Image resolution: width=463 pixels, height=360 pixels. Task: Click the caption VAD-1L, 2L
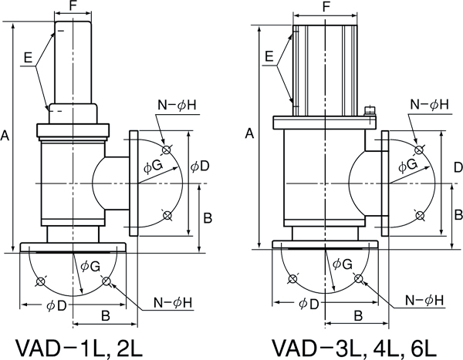[x=79, y=348]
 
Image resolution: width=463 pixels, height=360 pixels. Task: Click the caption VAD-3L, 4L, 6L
[x=353, y=348]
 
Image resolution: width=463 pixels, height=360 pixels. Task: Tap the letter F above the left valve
[x=73, y=5]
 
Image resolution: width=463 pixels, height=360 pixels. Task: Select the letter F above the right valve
[x=326, y=6]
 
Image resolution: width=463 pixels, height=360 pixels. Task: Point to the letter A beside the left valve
[x=5, y=136]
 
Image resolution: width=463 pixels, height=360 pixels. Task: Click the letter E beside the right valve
[x=269, y=56]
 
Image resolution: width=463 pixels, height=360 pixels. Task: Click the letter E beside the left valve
[x=28, y=57]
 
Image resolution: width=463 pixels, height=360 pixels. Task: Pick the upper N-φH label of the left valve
[x=177, y=105]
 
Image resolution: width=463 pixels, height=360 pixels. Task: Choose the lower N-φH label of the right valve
[x=424, y=300]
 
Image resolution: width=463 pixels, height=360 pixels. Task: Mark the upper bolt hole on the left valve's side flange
[x=167, y=150]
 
